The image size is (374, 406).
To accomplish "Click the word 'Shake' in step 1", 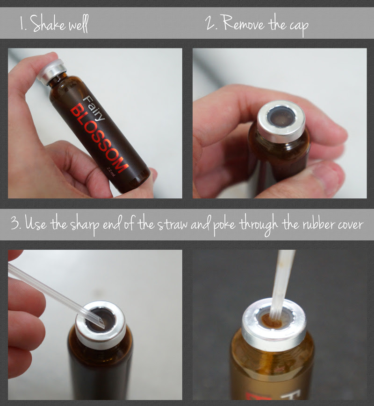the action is [x=48, y=23].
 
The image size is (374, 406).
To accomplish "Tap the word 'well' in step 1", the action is [x=78, y=24].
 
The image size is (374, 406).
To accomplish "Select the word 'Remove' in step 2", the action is [x=244, y=23].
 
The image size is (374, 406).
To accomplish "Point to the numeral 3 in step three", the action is [x=15, y=223].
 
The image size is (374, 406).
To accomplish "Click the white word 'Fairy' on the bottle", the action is [x=94, y=108].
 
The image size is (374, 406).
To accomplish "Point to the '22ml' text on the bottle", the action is [x=111, y=171].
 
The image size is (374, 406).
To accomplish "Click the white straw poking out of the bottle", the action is [x=281, y=285].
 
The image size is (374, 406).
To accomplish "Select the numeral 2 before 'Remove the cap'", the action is [x=209, y=22].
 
